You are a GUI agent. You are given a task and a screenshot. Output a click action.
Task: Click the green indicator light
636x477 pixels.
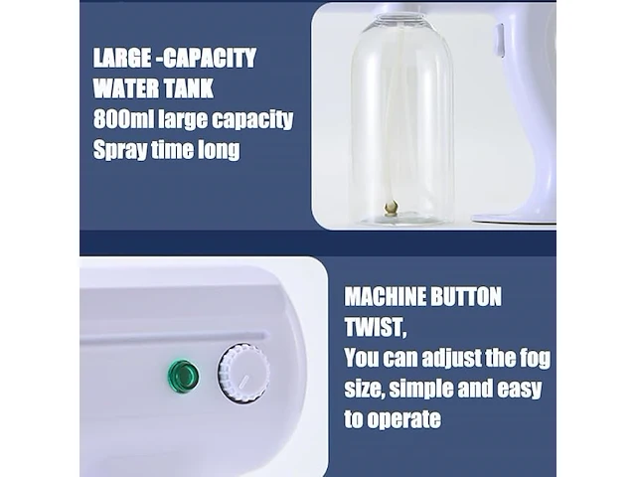coord(183,375)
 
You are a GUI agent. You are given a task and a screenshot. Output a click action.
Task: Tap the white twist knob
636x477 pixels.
coord(243,374)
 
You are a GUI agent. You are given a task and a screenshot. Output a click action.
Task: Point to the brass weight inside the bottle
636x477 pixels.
coord(391,207)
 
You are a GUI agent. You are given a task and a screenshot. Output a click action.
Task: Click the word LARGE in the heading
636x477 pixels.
coord(121,58)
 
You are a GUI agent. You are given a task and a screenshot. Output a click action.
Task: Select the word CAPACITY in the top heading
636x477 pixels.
coord(210,58)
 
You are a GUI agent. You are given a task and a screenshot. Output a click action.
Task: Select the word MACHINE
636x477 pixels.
coord(385,296)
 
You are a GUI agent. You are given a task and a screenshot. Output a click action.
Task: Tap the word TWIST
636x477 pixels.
coord(374,327)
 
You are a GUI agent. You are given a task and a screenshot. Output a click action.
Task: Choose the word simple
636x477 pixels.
coord(420,389)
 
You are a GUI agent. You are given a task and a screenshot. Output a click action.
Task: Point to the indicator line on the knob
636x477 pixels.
coord(244,382)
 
